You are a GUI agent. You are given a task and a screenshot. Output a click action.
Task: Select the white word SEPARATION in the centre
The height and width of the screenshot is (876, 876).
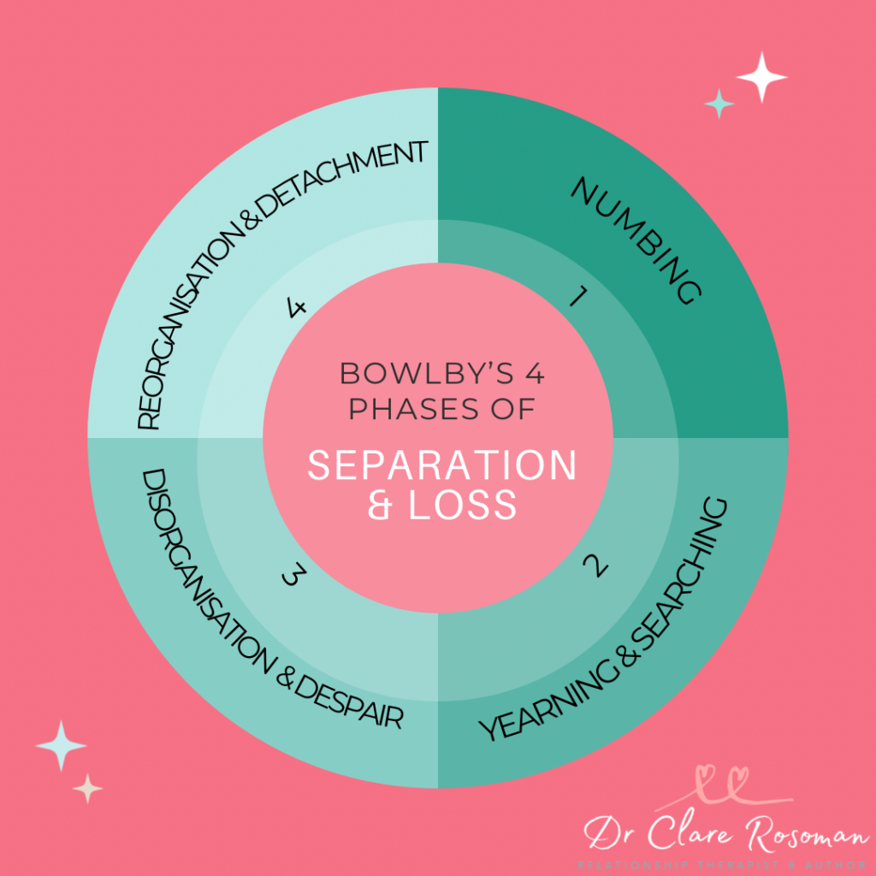[442, 466]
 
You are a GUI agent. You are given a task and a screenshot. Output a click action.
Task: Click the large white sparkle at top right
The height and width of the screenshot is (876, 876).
[761, 78]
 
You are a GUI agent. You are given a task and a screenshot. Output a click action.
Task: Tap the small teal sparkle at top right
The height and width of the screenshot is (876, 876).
[719, 104]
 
